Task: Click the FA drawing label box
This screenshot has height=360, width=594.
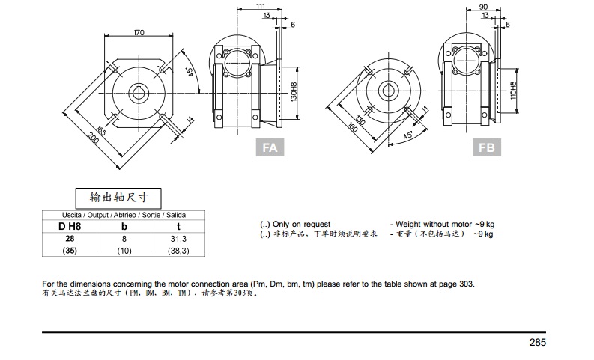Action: click(270, 147)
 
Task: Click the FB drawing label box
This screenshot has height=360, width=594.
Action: click(487, 147)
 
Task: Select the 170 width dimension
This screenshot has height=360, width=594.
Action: click(139, 32)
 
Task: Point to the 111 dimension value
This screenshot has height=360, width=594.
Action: click(261, 6)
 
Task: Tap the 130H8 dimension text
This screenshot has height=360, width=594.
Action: click(294, 91)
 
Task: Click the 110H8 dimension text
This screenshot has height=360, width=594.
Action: click(513, 91)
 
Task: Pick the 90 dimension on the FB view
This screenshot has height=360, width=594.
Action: click(483, 7)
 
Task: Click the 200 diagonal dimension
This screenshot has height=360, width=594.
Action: click(93, 138)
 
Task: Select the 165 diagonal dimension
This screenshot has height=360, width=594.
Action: click(100, 130)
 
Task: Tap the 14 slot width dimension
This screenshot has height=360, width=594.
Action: click(190, 120)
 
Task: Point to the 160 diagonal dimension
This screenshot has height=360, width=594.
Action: click(352, 127)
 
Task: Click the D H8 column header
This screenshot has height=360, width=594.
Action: click(70, 226)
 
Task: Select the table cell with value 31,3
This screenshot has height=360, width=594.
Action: click(178, 239)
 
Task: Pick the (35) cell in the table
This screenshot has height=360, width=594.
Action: click(70, 251)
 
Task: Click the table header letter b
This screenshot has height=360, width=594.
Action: click(124, 226)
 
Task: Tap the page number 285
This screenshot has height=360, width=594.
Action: click(538, 342)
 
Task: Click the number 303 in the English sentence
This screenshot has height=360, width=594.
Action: click(466, 284)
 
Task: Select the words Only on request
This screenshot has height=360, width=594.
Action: click(302, 224)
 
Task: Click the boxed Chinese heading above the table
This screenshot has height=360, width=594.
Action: click(118, 198)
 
